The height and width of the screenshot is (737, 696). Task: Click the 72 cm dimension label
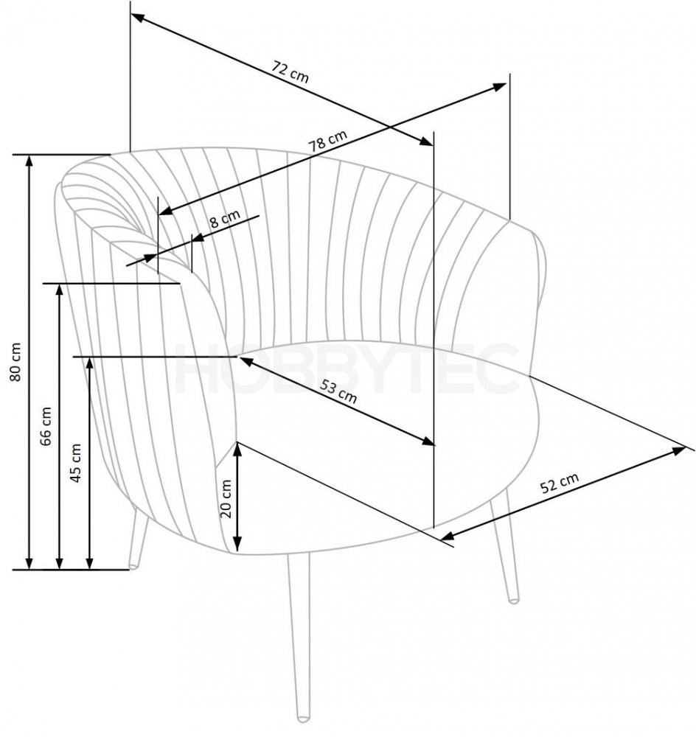click(290, 72)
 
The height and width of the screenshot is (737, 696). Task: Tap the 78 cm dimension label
click(328, 140)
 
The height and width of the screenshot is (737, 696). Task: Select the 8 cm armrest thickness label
click(225, 219)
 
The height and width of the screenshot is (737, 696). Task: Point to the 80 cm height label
click(16, 361)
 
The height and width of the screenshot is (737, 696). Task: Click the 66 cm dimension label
click(46, 426)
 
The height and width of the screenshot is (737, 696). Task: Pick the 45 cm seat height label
click(76, 463)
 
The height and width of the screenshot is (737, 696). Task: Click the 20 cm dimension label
click(226, 499)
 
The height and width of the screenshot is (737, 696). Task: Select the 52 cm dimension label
click(559, 483)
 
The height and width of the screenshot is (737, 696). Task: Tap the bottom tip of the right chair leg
click(514, 601)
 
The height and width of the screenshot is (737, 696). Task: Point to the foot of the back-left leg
click(134, 567)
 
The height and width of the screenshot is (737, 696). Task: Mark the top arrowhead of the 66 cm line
click(59, 289)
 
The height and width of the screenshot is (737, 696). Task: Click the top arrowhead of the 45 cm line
click(90, 363)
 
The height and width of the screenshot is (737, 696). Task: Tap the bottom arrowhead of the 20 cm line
click(237, 545)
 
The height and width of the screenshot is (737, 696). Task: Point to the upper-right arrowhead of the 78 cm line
click(500, 87)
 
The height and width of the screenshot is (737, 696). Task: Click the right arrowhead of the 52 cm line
click(680, 451)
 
